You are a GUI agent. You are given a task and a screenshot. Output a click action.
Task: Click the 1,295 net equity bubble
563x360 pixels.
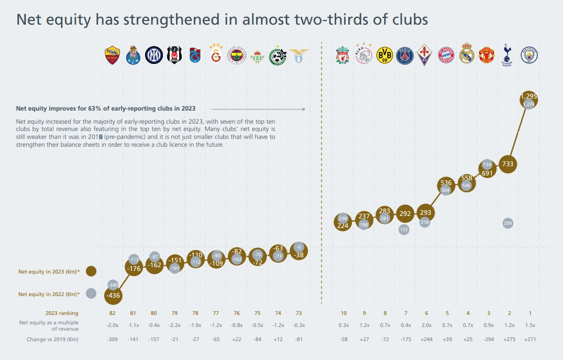(529, 98)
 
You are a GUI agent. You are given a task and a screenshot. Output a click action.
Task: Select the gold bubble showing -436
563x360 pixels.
(113, 295)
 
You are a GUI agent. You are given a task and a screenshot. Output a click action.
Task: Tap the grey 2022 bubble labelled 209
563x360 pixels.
(507, 223)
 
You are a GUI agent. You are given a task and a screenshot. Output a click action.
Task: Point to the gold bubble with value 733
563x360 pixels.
(507, 164)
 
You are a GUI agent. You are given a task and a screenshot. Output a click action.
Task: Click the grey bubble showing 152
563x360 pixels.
(404, 229)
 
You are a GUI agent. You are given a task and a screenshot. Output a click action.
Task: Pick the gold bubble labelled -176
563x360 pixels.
(134, 269)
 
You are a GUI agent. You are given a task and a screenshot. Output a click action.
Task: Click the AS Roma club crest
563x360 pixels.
(113, 55)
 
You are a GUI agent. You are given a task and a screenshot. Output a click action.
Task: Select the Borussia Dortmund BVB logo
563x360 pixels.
(384, 55)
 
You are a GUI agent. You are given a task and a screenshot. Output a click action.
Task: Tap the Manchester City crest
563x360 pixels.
(529, 55)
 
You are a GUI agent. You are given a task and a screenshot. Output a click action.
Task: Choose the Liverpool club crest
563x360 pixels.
(343, 55)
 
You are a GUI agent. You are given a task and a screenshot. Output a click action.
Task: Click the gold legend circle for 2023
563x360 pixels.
(91, 271)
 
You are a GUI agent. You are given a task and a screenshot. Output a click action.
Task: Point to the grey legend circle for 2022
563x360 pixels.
(91, 294)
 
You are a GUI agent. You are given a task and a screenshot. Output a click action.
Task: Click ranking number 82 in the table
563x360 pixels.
(113, 313)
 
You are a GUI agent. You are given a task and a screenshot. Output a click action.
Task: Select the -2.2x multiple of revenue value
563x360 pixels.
(174, 325)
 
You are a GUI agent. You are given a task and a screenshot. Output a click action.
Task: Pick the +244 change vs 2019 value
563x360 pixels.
(426, 340)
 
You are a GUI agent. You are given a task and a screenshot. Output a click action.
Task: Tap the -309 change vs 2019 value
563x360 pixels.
(113, 340)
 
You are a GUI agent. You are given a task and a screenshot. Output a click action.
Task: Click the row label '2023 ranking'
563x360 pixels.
(62, 313)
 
